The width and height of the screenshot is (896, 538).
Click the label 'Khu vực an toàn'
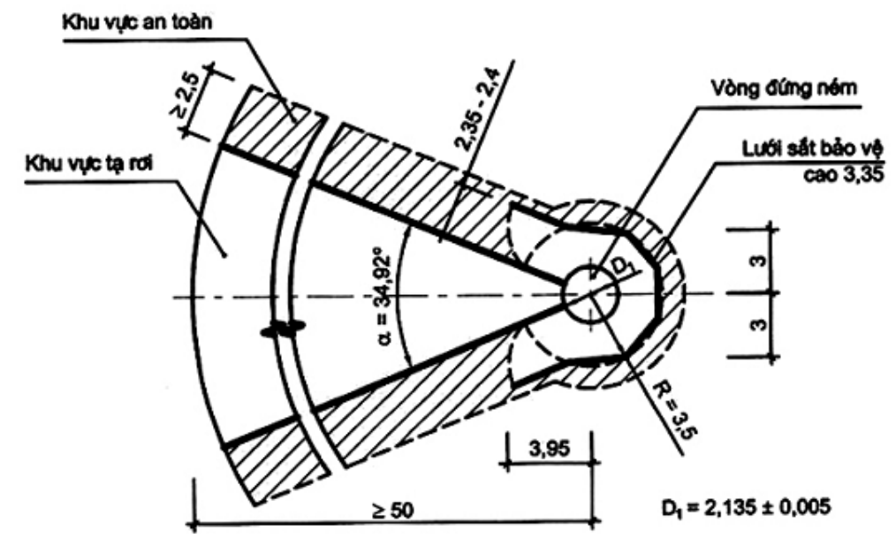(137, 23)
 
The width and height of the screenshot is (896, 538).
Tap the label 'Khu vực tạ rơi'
(90, 164)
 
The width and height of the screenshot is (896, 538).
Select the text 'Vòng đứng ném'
(784, 88)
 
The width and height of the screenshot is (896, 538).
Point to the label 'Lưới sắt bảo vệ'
(812, 148)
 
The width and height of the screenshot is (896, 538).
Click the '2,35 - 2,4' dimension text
(477, 110)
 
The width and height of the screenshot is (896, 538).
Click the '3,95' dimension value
(549, 449)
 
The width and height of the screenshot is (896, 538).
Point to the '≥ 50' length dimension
(392, 510)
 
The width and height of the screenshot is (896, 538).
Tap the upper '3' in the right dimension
(758, 261)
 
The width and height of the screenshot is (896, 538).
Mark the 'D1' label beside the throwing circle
(621, 268)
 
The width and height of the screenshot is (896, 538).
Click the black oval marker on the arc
(282, 329)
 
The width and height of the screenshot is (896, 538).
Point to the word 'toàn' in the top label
(190, 23)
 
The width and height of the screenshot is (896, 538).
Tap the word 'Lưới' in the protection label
(763, 148)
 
